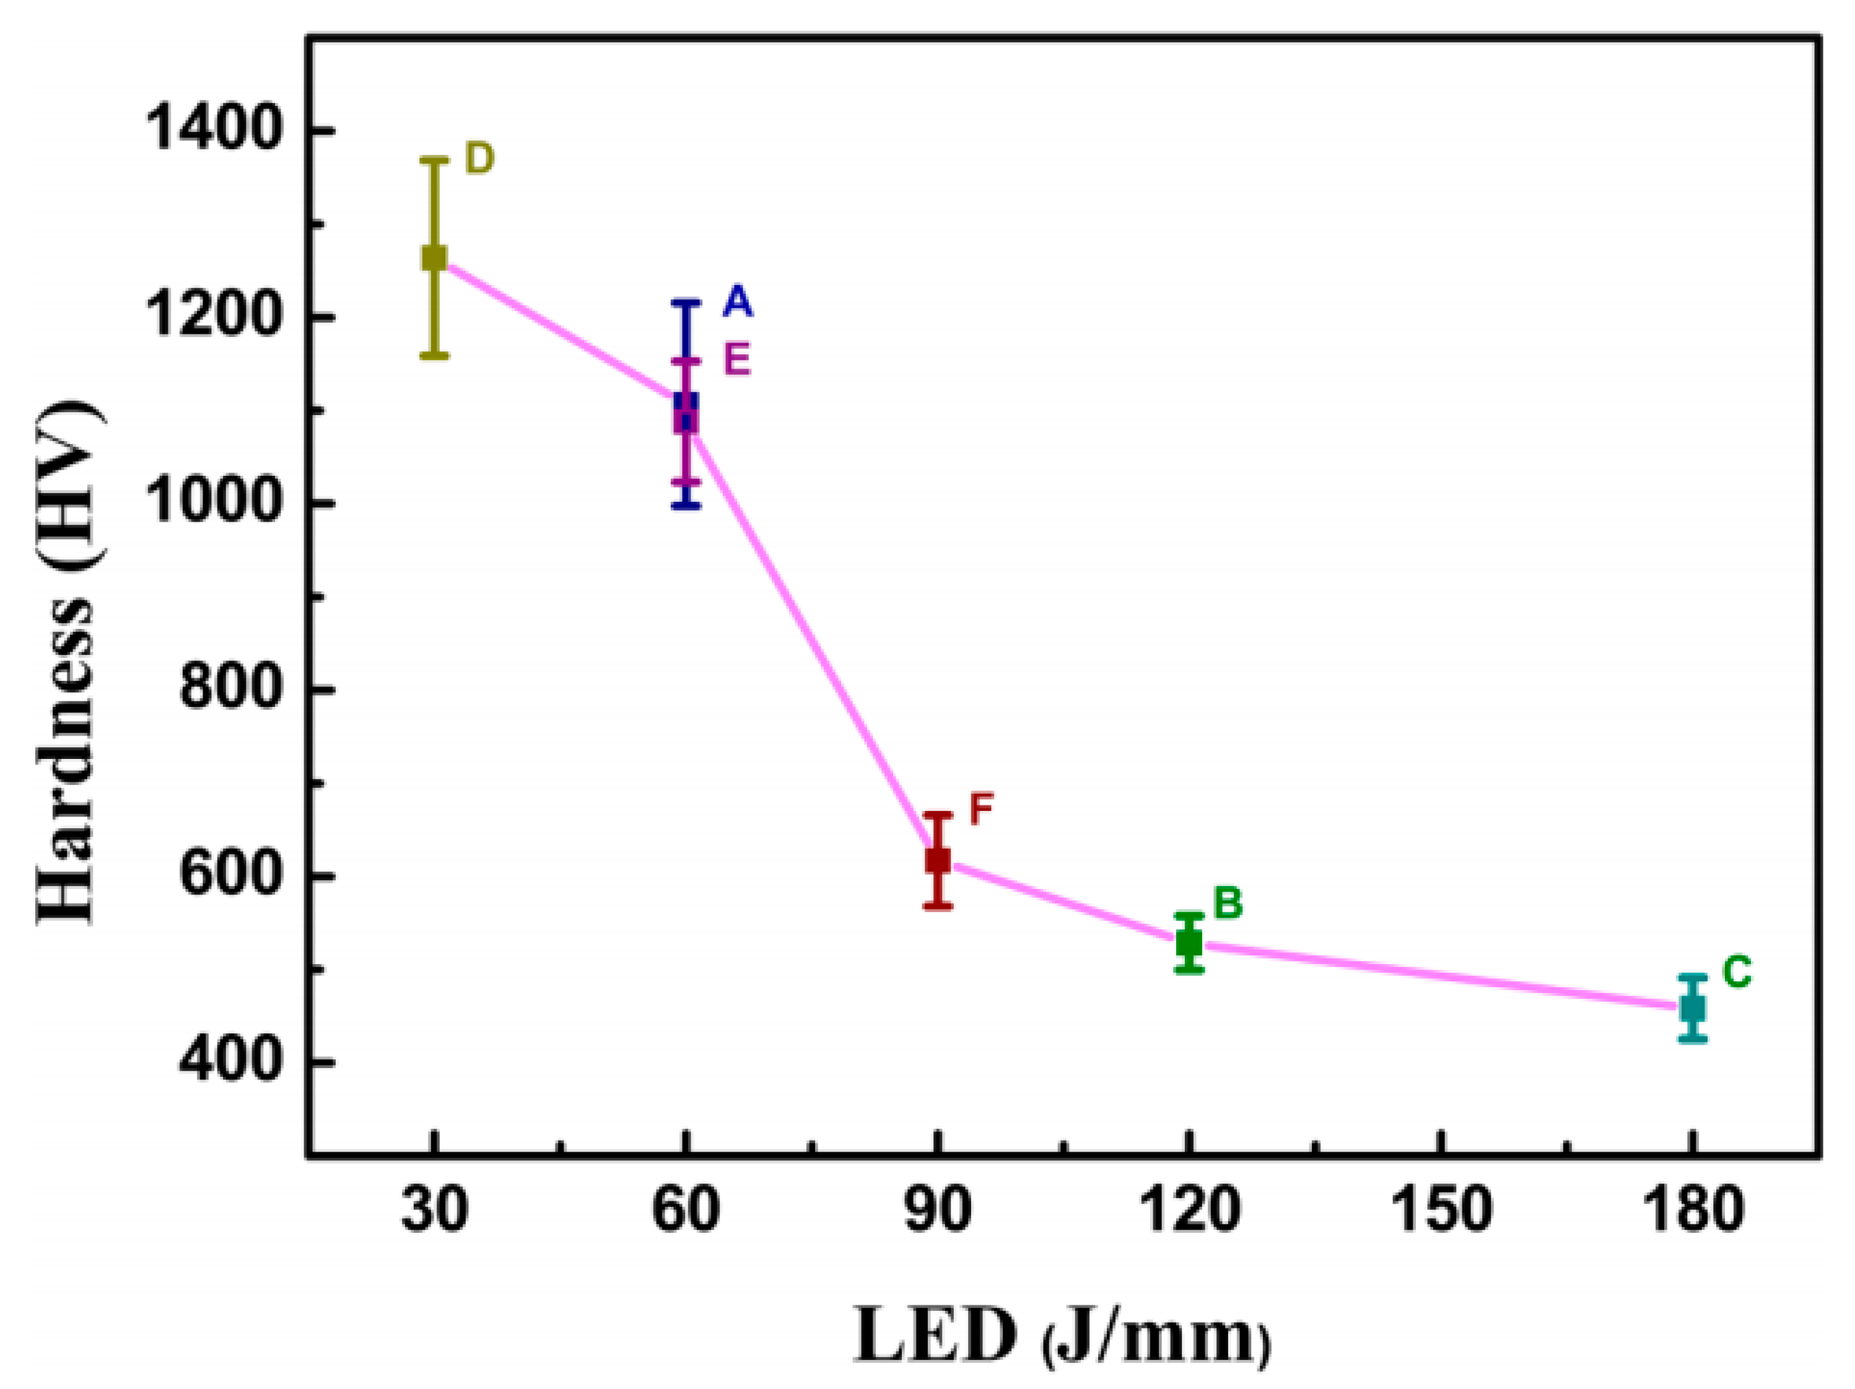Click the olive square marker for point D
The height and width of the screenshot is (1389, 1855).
pyautogui.click(x=434, y=258)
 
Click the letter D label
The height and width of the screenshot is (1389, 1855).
pyautogui.click(x=479, y=159)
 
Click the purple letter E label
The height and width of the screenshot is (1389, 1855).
pyautogui.click(x=736, y=361)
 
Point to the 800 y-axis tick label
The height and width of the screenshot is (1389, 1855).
pyautogui.click(x=228, y=690)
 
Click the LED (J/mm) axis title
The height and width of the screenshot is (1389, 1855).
pyautogui.click(x=1062, y=1334)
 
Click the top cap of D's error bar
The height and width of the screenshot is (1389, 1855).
pyautogui.click(x=434, y=159)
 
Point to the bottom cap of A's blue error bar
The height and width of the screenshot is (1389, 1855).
pyautogui.click(x=686, y=506)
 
